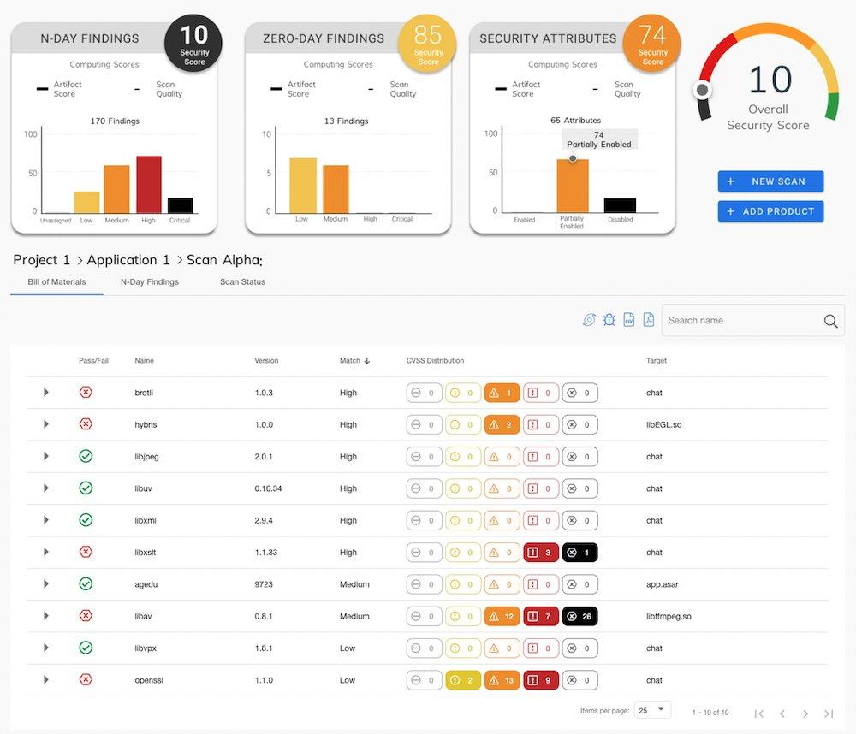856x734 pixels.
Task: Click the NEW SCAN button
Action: pyautogui.click(x=770, y=181)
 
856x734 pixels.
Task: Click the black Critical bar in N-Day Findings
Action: pyautogui.click(x=180, y=205)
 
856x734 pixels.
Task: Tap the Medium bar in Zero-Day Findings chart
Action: pyautogui.click(x=336, y=189)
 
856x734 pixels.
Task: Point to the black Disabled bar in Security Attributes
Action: pyautogui.click(x=621, y=205)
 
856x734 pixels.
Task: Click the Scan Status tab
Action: pyautogui.click(x=242, y=282)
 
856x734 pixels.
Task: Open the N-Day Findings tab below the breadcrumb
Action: pyautogui.click(x=150, y=282)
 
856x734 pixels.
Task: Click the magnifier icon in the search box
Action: pyautogui.click(x=830, y=321)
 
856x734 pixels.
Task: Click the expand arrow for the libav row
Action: pyautogui.click(x=46, y=616)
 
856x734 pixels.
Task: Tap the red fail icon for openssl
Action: pyautogui.click(x=86, y=680)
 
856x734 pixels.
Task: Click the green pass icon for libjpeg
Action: pyautogui.click(x=86, y=456)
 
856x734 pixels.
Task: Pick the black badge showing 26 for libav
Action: pyautogui.click(x=580, y=616)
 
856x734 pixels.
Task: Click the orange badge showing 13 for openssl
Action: pyautogui.click(x=502, y=680)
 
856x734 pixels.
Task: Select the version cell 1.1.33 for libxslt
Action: pyautogui.click(x=266, y=553)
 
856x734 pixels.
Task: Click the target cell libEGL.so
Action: pyautogui.click(x=663, y=424)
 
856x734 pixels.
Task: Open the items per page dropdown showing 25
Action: pyautogui.click(x=653, y=710)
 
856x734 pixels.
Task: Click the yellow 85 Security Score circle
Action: pyautogui.click(x=428, y=44)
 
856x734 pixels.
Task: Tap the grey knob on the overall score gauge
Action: pyautogui.click(x=703, y=90)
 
